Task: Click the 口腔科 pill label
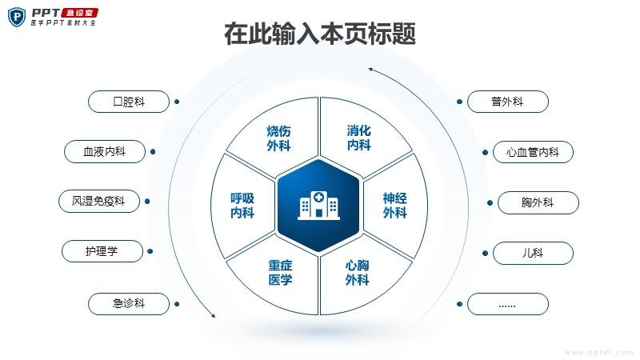click(129, 102)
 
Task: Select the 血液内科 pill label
click(105, 152)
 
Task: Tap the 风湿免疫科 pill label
click(99, 202)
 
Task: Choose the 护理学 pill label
click(102, 251)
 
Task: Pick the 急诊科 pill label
click(129, 304)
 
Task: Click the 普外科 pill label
click(508, 102)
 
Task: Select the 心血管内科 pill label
click(533, 152)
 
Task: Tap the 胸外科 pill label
click(538, 203)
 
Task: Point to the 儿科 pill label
click(533, 253)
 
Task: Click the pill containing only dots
click(508, 304)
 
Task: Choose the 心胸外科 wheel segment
click(359, 278)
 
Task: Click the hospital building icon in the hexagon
click(318, 206)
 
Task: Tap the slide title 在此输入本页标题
click(320, 34)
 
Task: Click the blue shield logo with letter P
click(17, 17)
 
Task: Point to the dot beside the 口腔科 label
click(177, 102)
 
